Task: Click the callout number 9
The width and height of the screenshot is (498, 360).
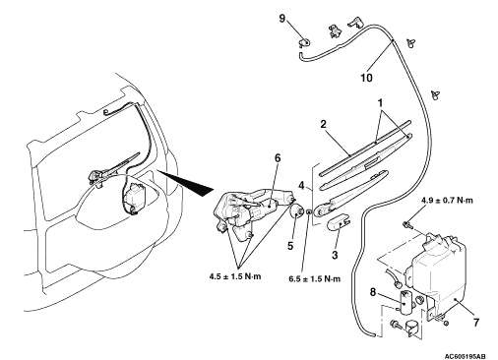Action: [282, 19]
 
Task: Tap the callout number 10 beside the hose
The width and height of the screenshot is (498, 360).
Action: [366, 78]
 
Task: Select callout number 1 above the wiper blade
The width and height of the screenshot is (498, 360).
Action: [380, 103]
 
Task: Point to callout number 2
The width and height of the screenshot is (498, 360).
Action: [323, 124]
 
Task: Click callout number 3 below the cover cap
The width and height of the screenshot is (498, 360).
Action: [335, 255]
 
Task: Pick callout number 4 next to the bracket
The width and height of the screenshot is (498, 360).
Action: [301, 186]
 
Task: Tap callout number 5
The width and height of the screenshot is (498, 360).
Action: [290, 246]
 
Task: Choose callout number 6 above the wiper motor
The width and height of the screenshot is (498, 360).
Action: [278, 158]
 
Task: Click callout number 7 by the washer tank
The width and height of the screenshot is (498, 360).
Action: [476, 323]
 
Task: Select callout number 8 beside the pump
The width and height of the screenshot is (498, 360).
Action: [373, 292]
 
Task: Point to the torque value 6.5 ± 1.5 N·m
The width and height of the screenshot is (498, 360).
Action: [315, 279]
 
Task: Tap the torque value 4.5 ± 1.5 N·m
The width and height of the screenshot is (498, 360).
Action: [235, 276]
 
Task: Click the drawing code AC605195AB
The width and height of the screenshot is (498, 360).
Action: [466, 356]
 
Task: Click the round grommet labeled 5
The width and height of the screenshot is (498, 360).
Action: [297, 212]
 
